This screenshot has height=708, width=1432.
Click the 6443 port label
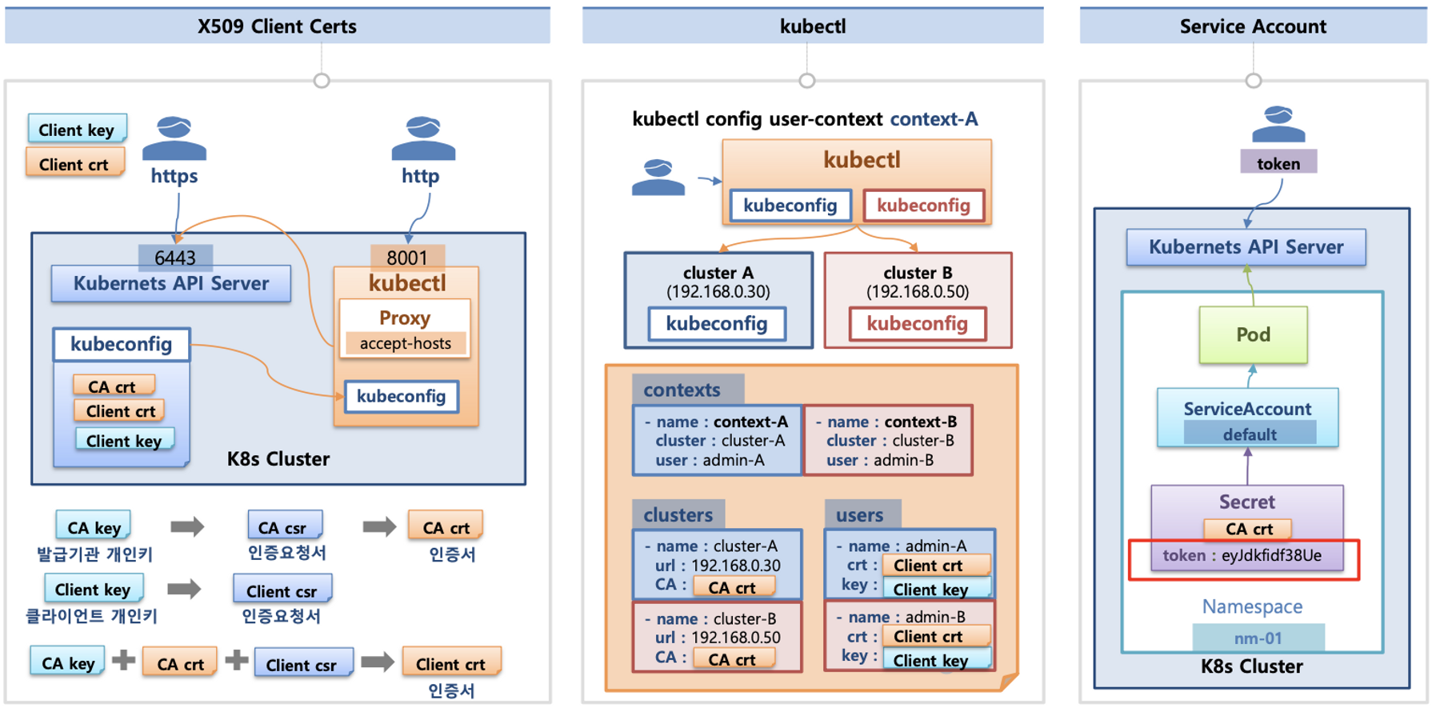pos(175,257)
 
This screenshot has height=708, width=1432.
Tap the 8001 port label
pos(407,257)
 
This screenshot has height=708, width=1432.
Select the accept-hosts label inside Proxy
pos(405,343)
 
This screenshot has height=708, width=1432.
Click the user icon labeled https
pos(174,137)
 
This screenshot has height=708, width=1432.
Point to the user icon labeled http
pos(423,137)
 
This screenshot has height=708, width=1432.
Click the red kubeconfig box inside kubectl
pos(923,206)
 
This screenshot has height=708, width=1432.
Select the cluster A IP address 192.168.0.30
pos(718,292)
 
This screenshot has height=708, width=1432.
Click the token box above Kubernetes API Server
pos(1278,163)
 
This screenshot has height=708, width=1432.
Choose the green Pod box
pos(1253,334)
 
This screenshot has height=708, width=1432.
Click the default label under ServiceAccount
pos(1249,434)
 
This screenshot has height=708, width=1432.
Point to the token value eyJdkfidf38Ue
pos(1271,555)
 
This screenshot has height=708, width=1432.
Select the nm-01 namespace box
pos(1258,638)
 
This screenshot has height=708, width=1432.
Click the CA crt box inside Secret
pos(1248,529)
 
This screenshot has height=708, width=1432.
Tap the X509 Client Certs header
pos(277,26)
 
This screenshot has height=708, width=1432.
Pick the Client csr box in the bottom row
pos(302,664)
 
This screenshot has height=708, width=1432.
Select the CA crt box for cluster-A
pos(733,587)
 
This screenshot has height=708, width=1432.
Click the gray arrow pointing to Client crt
pos(378,662)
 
